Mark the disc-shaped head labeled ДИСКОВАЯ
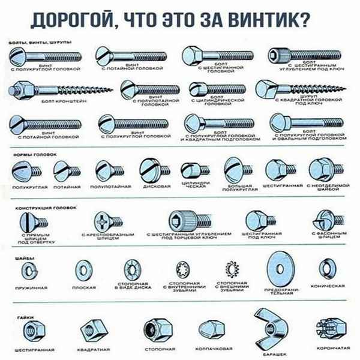pyautogui.click(x=149, y=169)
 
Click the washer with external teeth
pyautogui.click(x=230, y=268)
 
